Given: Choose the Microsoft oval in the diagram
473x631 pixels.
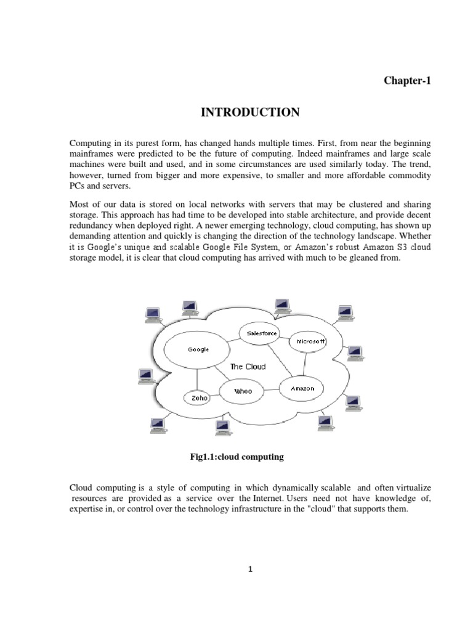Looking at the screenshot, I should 310,341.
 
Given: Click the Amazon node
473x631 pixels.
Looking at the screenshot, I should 302,388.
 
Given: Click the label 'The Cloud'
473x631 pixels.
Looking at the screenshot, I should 248,367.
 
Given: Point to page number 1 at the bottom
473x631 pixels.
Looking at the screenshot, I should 251,569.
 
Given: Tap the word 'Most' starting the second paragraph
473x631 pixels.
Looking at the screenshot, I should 79,203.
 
